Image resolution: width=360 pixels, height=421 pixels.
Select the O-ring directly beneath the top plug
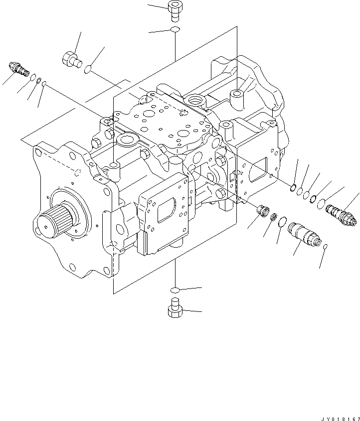[175, 30]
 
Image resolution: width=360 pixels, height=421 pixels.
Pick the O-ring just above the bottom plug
[175, 290]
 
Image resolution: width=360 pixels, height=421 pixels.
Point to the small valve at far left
[19, 69]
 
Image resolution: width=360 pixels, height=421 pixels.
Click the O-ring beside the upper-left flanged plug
[88, 70]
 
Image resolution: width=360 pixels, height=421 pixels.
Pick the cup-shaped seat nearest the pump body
[262, 211]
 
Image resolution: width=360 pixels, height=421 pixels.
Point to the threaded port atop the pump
[194, 102]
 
